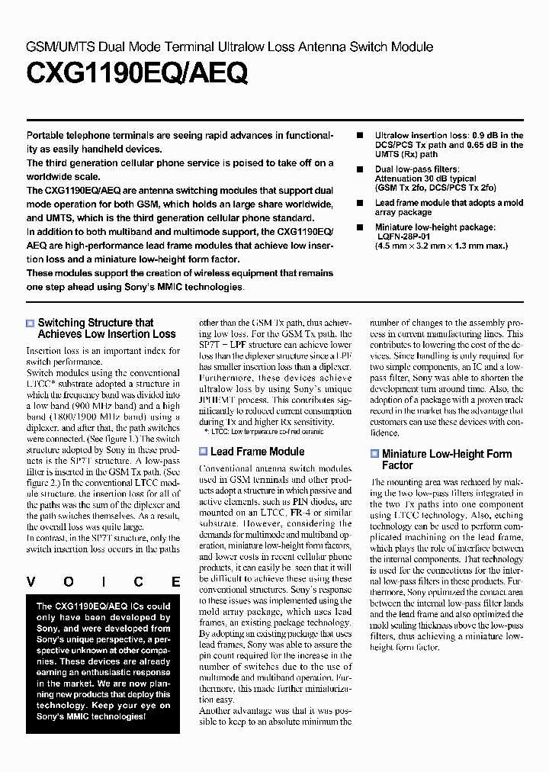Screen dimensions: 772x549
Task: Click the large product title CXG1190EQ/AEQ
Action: click(x=137, y=74)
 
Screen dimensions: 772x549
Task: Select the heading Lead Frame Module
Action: click(x=257, y=452)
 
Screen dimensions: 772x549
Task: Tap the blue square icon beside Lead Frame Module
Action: click(x=203, y=452)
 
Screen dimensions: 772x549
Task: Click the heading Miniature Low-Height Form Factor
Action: click(x=446, y=459)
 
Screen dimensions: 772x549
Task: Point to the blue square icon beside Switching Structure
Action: click(x=30, y=323)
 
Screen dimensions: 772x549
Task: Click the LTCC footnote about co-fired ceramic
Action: click(x=264, y=432)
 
